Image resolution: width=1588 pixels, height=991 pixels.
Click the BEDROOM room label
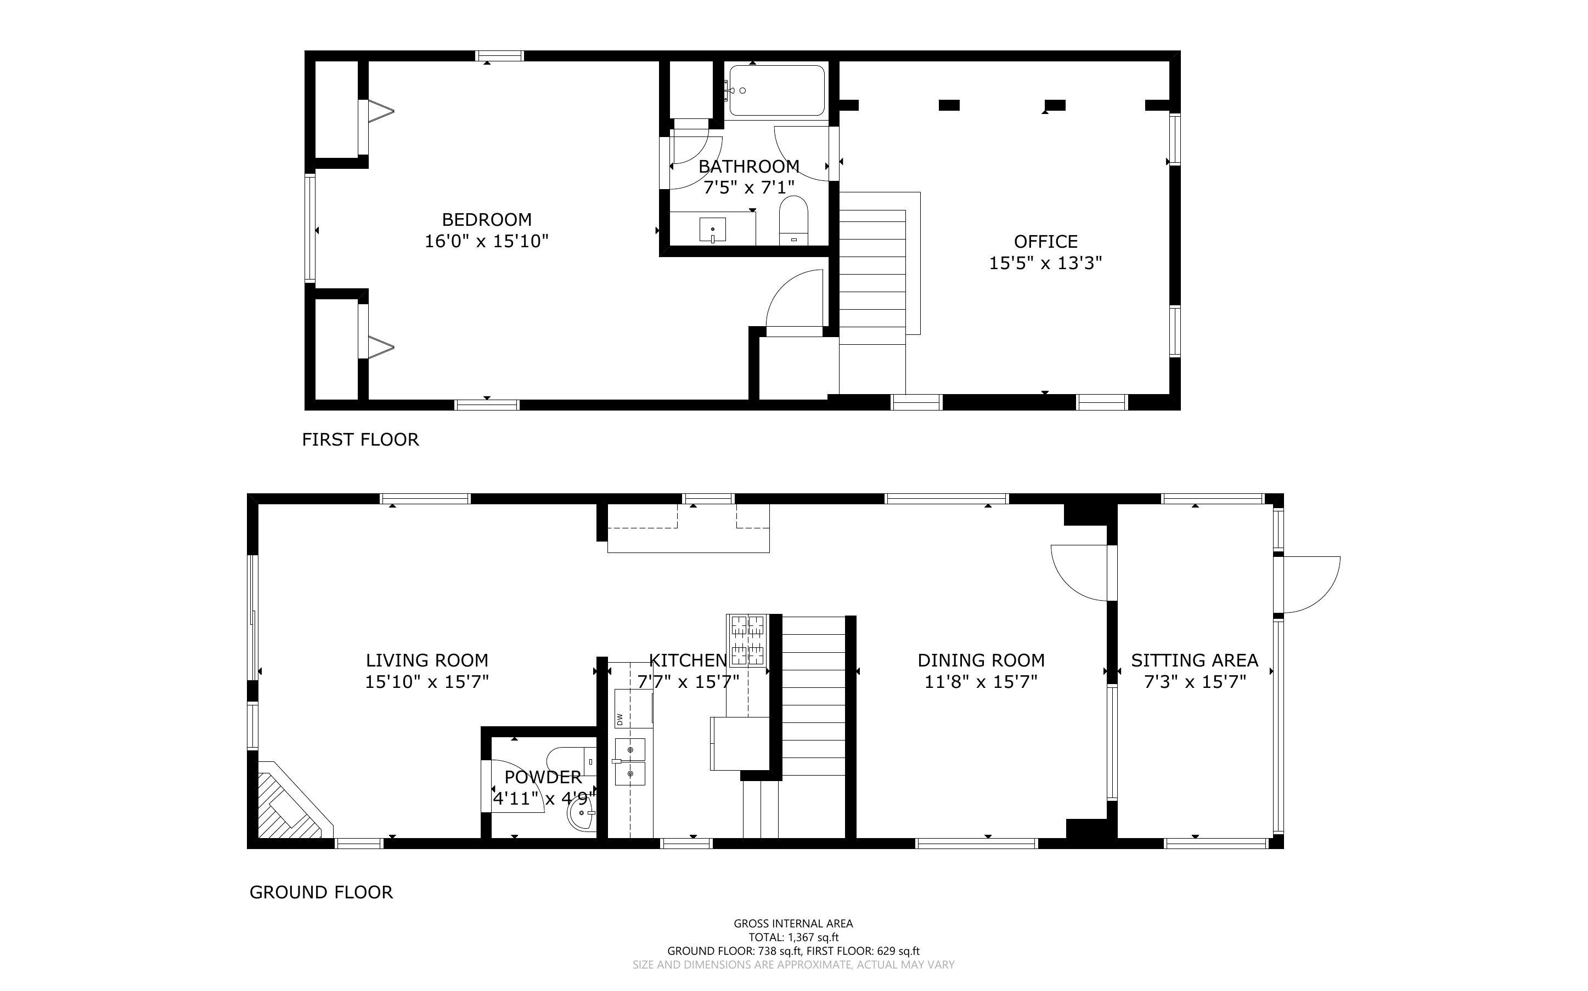coord(486,220)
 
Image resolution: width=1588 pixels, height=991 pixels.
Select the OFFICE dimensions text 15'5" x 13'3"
coord(1045,263)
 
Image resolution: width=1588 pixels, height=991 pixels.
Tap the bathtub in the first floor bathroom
coord(776,91)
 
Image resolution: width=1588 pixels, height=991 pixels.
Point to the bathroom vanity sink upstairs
coord(712,230)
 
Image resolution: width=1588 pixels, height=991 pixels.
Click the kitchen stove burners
coord(747,640)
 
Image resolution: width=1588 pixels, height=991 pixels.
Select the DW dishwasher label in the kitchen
coord(619,719)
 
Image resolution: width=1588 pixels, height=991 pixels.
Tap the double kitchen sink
coord(630,761)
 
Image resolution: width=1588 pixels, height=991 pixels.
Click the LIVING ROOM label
coord(427,660)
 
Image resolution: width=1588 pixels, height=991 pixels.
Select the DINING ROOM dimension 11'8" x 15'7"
coord(981,682)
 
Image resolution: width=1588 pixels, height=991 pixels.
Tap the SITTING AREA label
coord(1195,660)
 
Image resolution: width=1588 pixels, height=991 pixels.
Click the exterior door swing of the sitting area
coord(1309,583)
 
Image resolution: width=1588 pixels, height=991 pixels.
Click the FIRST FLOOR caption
coord(360,439)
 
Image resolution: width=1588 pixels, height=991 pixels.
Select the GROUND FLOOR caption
coord(322,892)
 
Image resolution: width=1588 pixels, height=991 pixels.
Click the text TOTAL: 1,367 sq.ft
coord(793,937)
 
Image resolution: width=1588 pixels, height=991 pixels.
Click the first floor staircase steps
coord(872,275)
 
